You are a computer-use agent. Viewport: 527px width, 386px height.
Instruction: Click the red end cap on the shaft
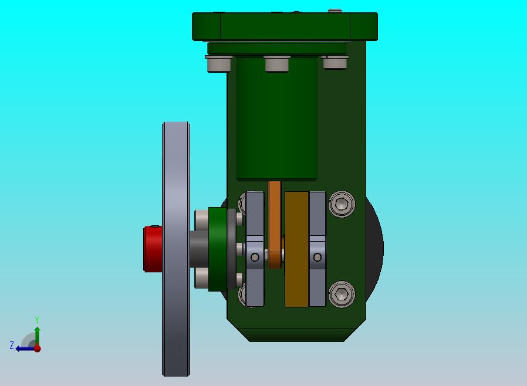pyautogui.click(x=153, y=249)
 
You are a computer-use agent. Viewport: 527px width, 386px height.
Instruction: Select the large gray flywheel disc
pyautogui.click(x=176, y=249)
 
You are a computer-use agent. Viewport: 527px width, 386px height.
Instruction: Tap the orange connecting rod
pyautogui.click(x=275, y=225)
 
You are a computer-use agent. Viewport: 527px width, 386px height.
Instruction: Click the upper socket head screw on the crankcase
pyautogui.click(x=342, y=204)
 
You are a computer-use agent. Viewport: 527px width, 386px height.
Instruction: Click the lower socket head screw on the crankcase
pyautogui.click(x=342, y=294)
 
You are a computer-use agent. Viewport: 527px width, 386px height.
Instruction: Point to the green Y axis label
pyautogui.click(x=37, y=320)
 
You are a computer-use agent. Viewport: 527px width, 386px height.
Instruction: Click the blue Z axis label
pyautogui.click(x=12, y=345)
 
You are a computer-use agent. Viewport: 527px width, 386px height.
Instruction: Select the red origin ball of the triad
pyautogui.click(x=38, y=348)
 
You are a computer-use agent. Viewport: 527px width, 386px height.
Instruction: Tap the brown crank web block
pyautogui.click(x=296, y=249)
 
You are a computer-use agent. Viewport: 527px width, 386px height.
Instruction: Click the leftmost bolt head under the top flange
pyautogui.click(x=219, y=63)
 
